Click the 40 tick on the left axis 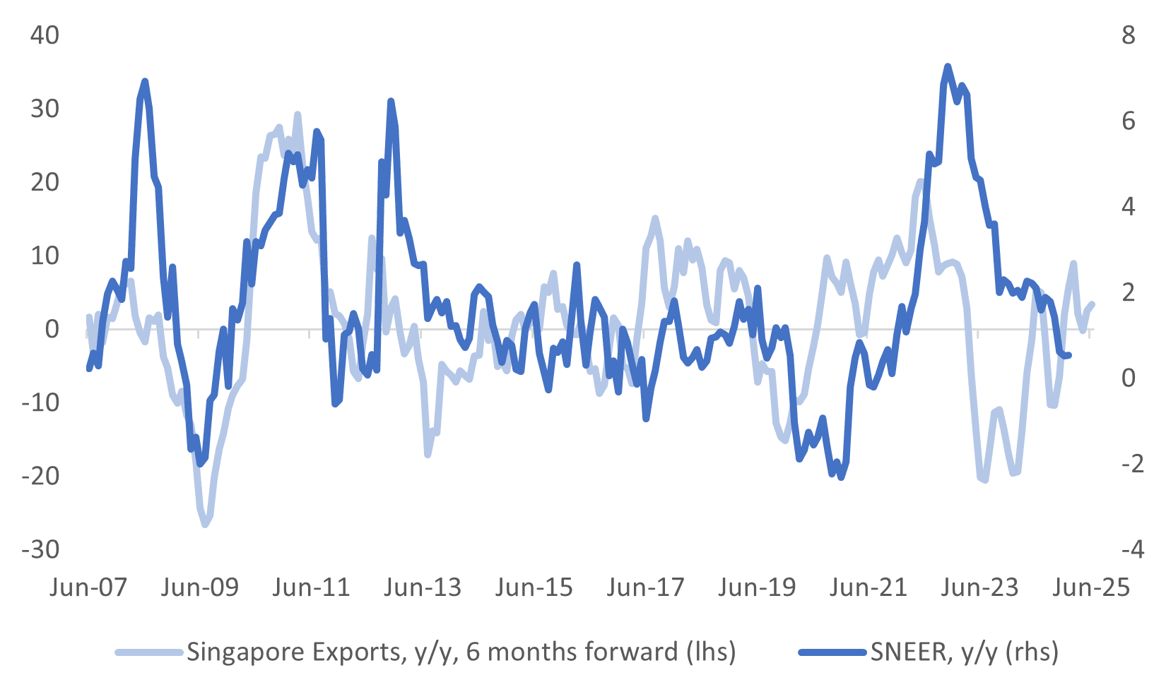click(45, 35)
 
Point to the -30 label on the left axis click(41, 549)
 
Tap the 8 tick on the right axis click(1129, 35)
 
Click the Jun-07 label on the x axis click(88, 587)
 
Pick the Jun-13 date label click(423, 587)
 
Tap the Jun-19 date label click(757, 587)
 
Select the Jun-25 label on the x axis click(1091, 587)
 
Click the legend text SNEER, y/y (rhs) click(964, 651)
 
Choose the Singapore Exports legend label click(461, 651)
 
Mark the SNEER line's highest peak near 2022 click(948, 66)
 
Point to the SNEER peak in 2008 click(145, 81)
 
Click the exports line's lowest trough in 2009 click(205, 525)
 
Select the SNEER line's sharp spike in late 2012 click(390, 102)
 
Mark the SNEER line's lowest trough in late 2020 click(841, 477)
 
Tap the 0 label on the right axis click(1129, 377)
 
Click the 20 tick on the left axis click(45, 181)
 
